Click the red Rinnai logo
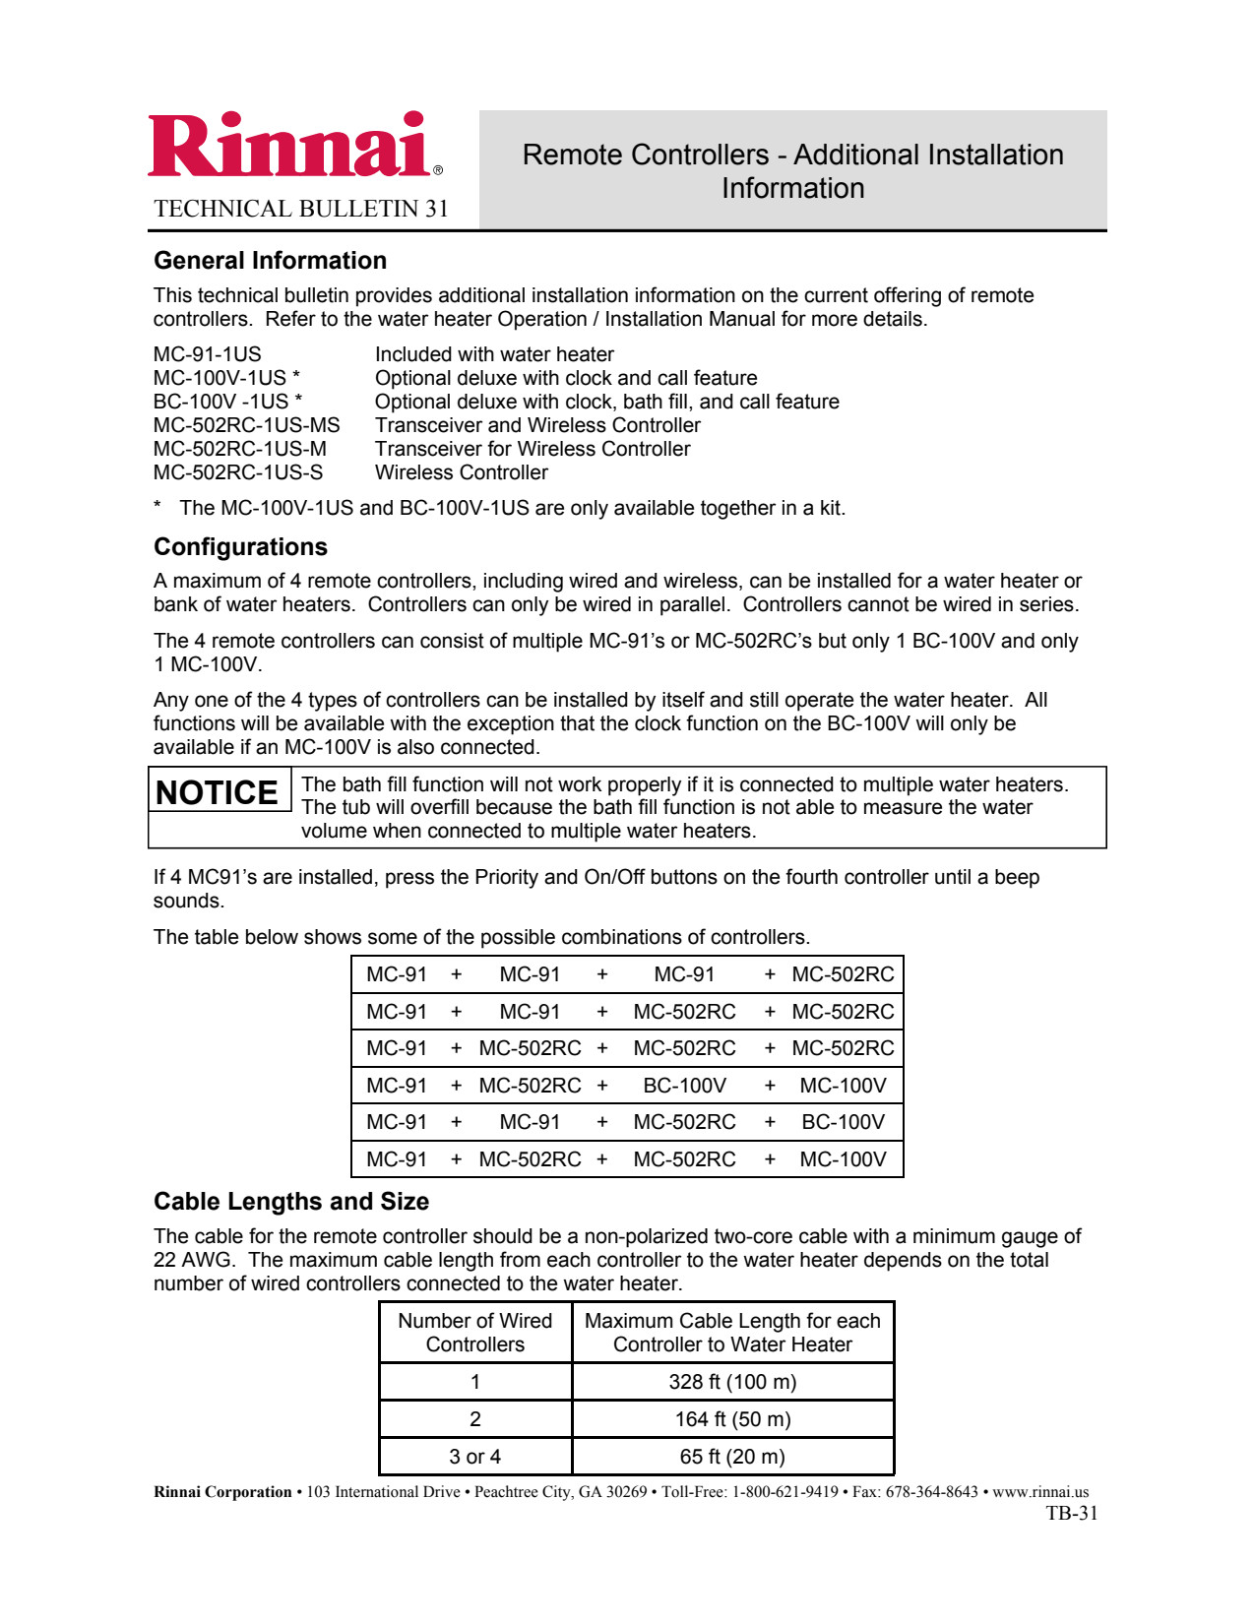(289, 146)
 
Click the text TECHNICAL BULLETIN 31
(301, 209)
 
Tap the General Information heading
(270, 261)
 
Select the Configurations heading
(240, 547)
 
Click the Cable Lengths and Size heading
(291, 1202)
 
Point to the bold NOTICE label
(218, 792)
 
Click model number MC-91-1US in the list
(208, 354)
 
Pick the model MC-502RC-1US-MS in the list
(246, 425)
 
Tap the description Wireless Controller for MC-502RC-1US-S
(461, 472)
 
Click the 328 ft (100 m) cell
(732, 1382)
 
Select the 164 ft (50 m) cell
(732, 1419)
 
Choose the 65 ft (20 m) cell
(732, 1457)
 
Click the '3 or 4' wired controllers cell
(474, 1457)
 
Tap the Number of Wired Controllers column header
(474, 1333)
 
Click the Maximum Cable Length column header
(732, 1333)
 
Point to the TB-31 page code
(1071, 1514)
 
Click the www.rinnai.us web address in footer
(1040, 1492)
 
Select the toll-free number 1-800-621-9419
(784, 1492)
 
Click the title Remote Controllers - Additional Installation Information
(792, 171)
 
